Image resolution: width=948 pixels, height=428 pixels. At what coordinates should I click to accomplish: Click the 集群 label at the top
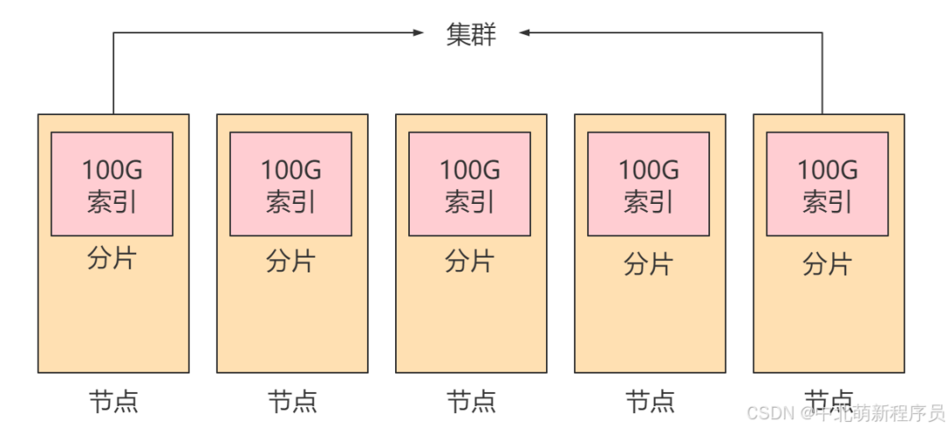(x=471, y=34)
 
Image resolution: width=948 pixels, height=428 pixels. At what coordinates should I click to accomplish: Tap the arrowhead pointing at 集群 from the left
(x=418, y=33)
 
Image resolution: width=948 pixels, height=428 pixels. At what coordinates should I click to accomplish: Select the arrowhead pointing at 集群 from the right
(x=525, y=33)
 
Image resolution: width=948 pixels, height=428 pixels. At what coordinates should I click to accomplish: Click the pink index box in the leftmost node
(x=111, y=184)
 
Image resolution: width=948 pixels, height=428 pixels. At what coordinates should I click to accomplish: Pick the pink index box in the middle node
(x=470, y=184)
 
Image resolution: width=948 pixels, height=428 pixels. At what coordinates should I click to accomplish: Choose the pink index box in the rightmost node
(x=827, y=184)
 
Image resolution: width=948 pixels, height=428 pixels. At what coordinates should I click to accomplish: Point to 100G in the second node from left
(x=291, y=169)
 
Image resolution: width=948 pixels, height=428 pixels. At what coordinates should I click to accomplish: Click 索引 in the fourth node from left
(x=648, y=202)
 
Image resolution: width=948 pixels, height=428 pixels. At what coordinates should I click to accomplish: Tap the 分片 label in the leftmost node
(x=111, y=258)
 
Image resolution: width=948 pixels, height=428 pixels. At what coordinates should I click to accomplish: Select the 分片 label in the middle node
(x=470, y=261)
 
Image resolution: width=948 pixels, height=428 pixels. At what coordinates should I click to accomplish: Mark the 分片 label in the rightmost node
(x=827, y=264)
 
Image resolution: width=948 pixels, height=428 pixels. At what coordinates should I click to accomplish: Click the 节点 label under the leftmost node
(x=113, y=402)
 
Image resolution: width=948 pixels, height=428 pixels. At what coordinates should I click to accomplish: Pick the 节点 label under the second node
(x=292, y=402)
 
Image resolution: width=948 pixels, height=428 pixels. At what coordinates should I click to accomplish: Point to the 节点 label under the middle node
(x=471, y=402)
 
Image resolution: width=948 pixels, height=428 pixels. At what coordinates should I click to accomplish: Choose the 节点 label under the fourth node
(x=650, y=402)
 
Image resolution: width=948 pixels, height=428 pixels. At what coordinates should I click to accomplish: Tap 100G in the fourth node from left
(x=648, y=169)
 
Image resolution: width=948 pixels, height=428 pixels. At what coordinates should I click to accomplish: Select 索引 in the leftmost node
(x=111, y=202)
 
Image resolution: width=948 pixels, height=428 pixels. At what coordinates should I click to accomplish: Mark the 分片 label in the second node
(x=291, y=261)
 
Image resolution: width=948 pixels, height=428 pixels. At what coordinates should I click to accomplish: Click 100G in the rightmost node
(x=827, y=169)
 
